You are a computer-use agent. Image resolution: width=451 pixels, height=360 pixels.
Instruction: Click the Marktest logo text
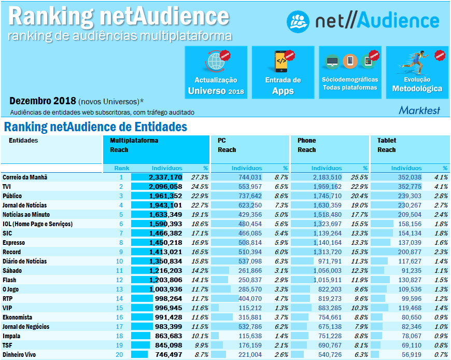point(419,110)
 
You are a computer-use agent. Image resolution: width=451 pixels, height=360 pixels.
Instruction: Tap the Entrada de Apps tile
point(283,72)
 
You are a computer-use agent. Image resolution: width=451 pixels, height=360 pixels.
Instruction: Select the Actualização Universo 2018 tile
point(216,72)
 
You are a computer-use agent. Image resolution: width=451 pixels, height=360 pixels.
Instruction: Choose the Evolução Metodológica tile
point(417,72)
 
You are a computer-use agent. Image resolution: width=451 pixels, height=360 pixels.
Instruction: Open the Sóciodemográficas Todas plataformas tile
point(350,72)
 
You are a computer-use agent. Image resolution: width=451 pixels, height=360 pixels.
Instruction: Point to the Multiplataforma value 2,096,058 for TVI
point(165,187)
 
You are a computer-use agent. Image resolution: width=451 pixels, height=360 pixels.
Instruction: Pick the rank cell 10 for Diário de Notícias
point(120,261)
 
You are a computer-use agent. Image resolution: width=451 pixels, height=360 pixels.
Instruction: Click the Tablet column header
point(387,141)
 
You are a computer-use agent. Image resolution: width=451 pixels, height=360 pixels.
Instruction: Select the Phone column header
point(306,141)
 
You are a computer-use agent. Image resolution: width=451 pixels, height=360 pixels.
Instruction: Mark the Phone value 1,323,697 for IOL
point(327,224)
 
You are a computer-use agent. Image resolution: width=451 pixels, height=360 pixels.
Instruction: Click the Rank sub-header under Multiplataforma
point(122,168)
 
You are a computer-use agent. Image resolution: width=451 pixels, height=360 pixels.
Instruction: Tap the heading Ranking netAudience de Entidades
point(95,127)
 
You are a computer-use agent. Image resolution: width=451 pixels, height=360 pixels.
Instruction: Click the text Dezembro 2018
point(43,101)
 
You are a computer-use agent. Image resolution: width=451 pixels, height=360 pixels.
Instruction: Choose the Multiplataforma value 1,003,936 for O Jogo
point(165,289)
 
